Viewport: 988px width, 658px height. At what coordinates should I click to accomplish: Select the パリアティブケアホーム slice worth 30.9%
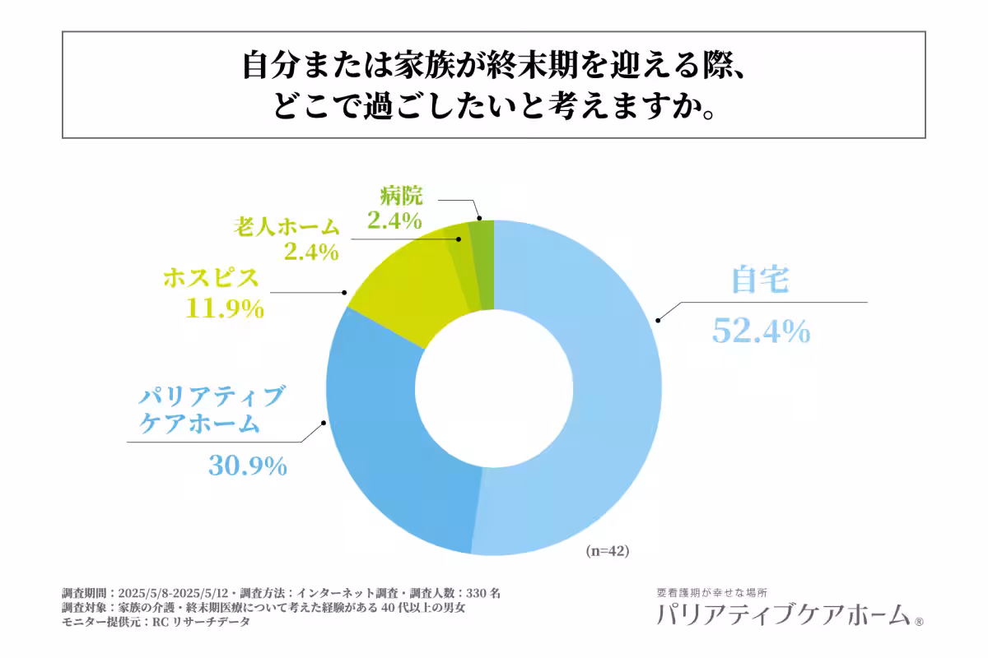pyautogui.click(x=387, y=461)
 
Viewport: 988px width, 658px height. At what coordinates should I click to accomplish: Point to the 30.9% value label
pyautogui.click(x=247, y=466)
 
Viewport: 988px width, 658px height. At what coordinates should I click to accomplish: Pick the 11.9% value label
pyautogui.click(x=226, y=309)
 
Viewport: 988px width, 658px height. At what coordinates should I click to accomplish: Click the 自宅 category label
pyautogui.click(x=761, y=281)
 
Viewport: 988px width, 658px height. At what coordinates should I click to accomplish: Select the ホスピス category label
pyautogui.click(x=211, y=278)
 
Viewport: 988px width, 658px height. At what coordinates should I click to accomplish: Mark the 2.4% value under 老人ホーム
pyautogui.click(x=311, y=252)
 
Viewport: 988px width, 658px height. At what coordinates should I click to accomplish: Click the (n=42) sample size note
pyautogui.click(x=608, y=552)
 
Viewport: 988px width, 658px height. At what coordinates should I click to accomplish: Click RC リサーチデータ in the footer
pyautogui.click(x=197, y=623)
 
